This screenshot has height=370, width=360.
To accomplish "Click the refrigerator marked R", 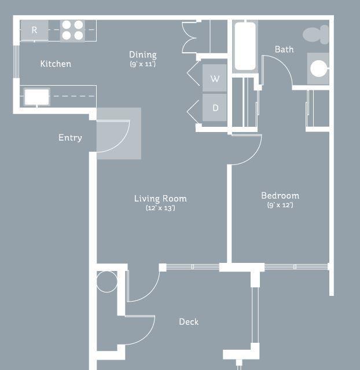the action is [x=35, y=30].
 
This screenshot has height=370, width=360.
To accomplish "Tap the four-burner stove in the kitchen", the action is [x=72, y=30].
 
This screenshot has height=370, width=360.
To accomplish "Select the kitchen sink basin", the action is [x=37, y=97].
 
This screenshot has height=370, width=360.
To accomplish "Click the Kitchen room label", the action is [x=56, y=64].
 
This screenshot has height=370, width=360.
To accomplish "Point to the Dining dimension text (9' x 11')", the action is [x=143, y=64].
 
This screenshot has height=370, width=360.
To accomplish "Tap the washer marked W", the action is [x=215, y=78].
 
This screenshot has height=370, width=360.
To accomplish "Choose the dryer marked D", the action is [x=215, y=108].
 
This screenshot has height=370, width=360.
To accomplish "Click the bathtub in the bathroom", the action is [x=245, y=46].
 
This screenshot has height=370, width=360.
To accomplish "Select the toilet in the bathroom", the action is [x=316, y=35].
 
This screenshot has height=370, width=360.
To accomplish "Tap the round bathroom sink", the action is [x=319, y=69].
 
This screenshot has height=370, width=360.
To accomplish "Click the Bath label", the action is [x=284, y=49].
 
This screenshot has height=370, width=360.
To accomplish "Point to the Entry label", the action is [x=70, y=138].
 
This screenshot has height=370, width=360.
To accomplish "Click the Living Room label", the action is [x=160, y=199].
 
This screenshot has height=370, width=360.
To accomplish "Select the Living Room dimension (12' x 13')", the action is [x=160, y=208].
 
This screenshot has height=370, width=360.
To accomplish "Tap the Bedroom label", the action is [x=280, y=196].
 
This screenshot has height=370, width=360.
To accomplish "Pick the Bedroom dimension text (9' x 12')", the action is [x=280, y=205].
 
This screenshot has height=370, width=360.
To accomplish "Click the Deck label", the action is [x=189, y=321].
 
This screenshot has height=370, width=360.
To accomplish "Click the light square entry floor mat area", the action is [x=119, y=134].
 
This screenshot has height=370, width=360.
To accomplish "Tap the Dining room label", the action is [x=143, y=55].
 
